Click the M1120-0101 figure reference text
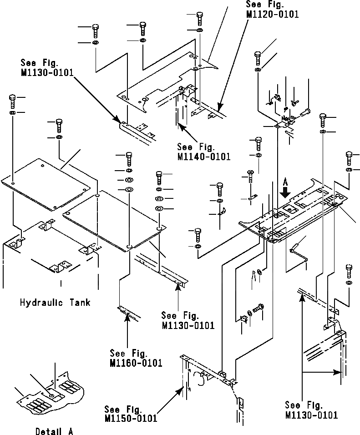272,15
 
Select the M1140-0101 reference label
203,157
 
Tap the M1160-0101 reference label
136,363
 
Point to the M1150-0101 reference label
131,418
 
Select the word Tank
79,302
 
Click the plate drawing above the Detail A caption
52,392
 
